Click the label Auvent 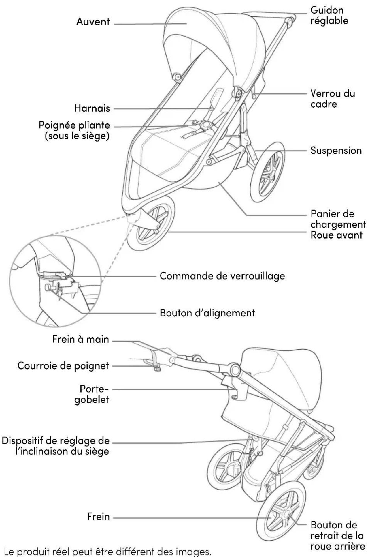click(x=93, y=22)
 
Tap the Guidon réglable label click(x=329, y=15)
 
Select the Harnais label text click(x=92, y=108)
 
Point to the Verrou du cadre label click(x=333, y=99)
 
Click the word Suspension click(x=336, y=150)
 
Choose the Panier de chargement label click(x=338, y=219)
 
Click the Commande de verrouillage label click(x=222, y=276)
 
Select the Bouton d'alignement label click(x=207, y=313)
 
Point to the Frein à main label click(x=81, y=340)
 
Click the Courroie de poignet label click(x=63, y=366)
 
